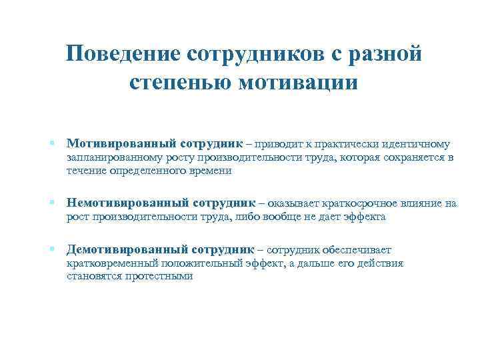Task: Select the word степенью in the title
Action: pyautogui.click(x=177, y=83)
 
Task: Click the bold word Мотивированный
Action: pyautogui.click(x=120, y=144)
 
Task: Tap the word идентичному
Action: pyautogui.click(x=415, y=144)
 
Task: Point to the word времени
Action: pyautogui.click(x=211, y=171)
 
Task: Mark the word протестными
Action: pyautogui.click(x=159, y=277)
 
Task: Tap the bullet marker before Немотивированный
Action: pyautogui.click(x=51, y=202)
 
